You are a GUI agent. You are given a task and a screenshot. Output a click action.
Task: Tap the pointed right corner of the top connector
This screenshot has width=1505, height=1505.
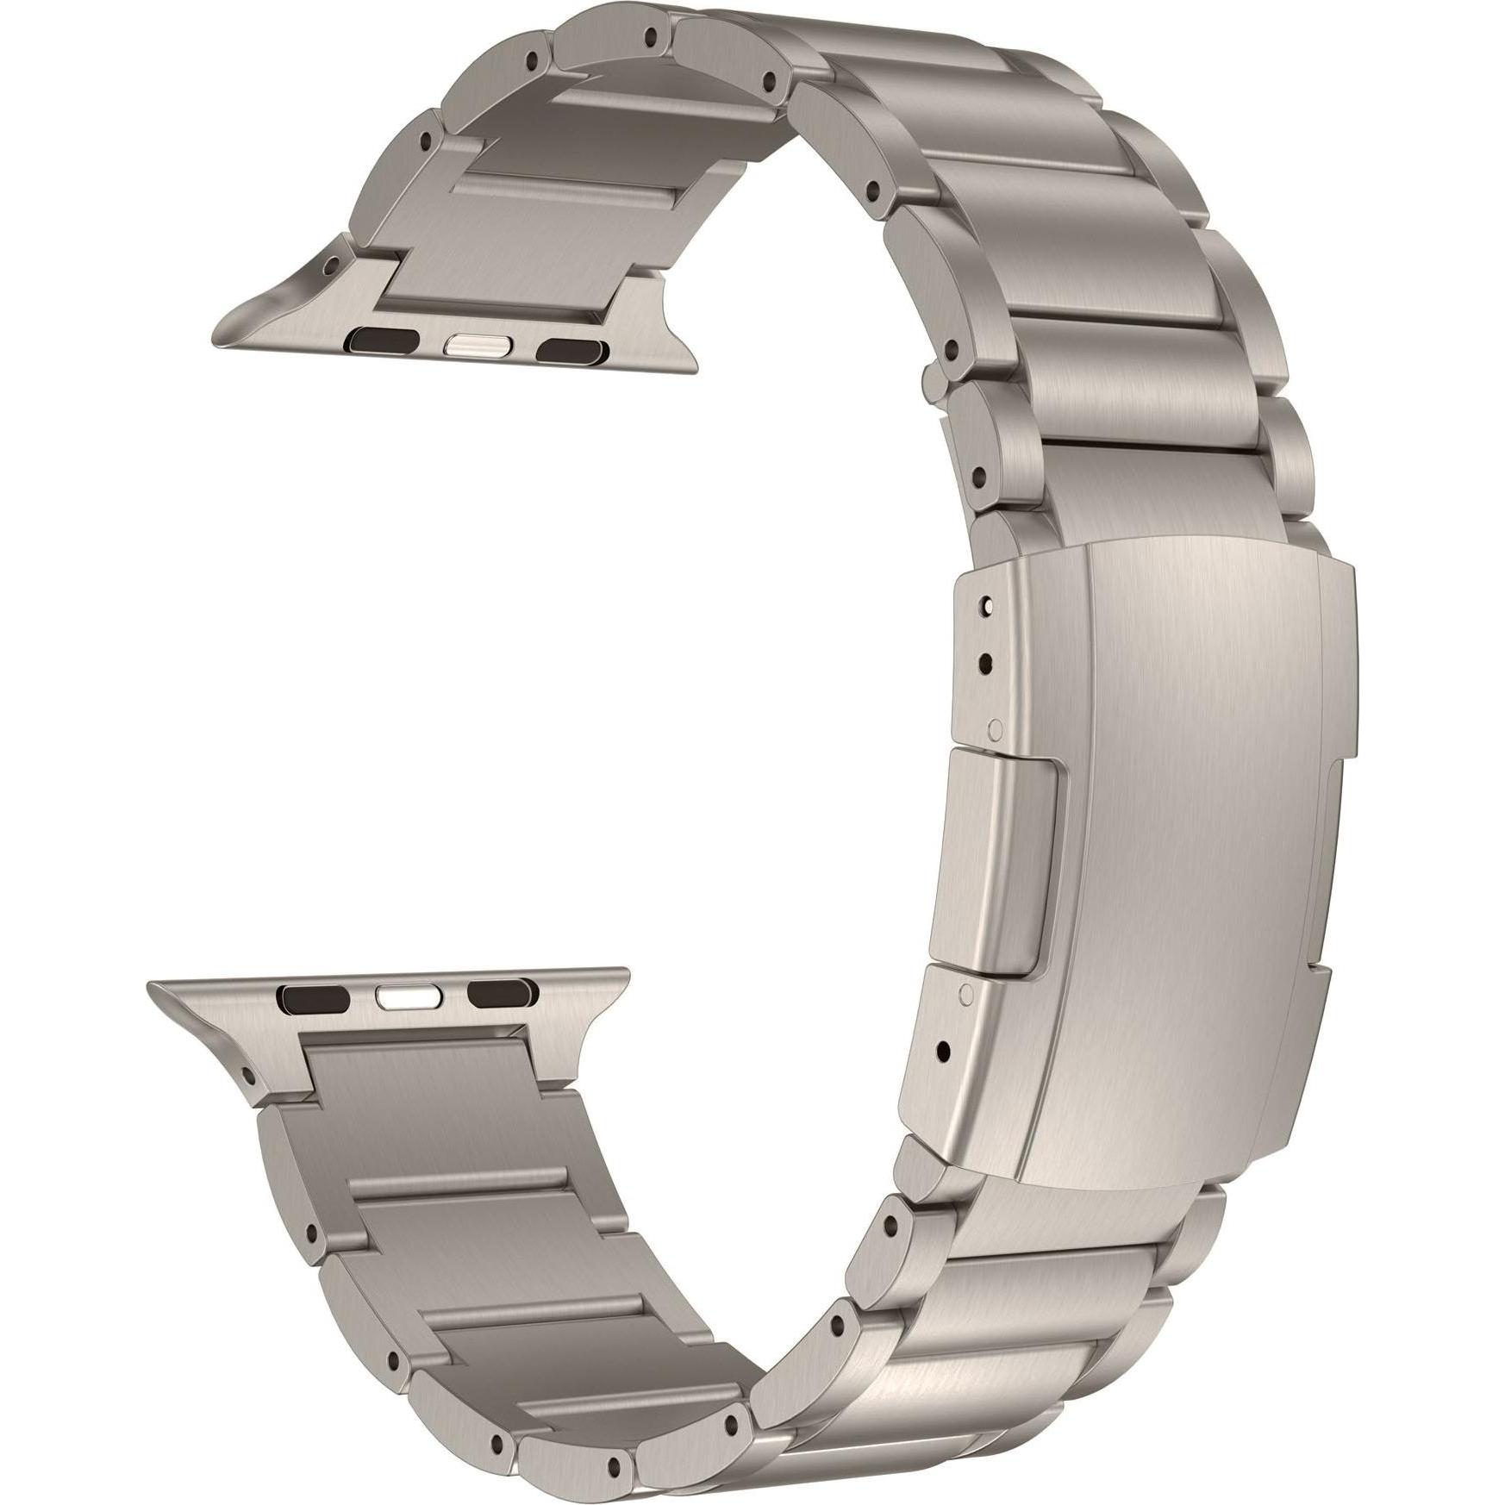[695, 372]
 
